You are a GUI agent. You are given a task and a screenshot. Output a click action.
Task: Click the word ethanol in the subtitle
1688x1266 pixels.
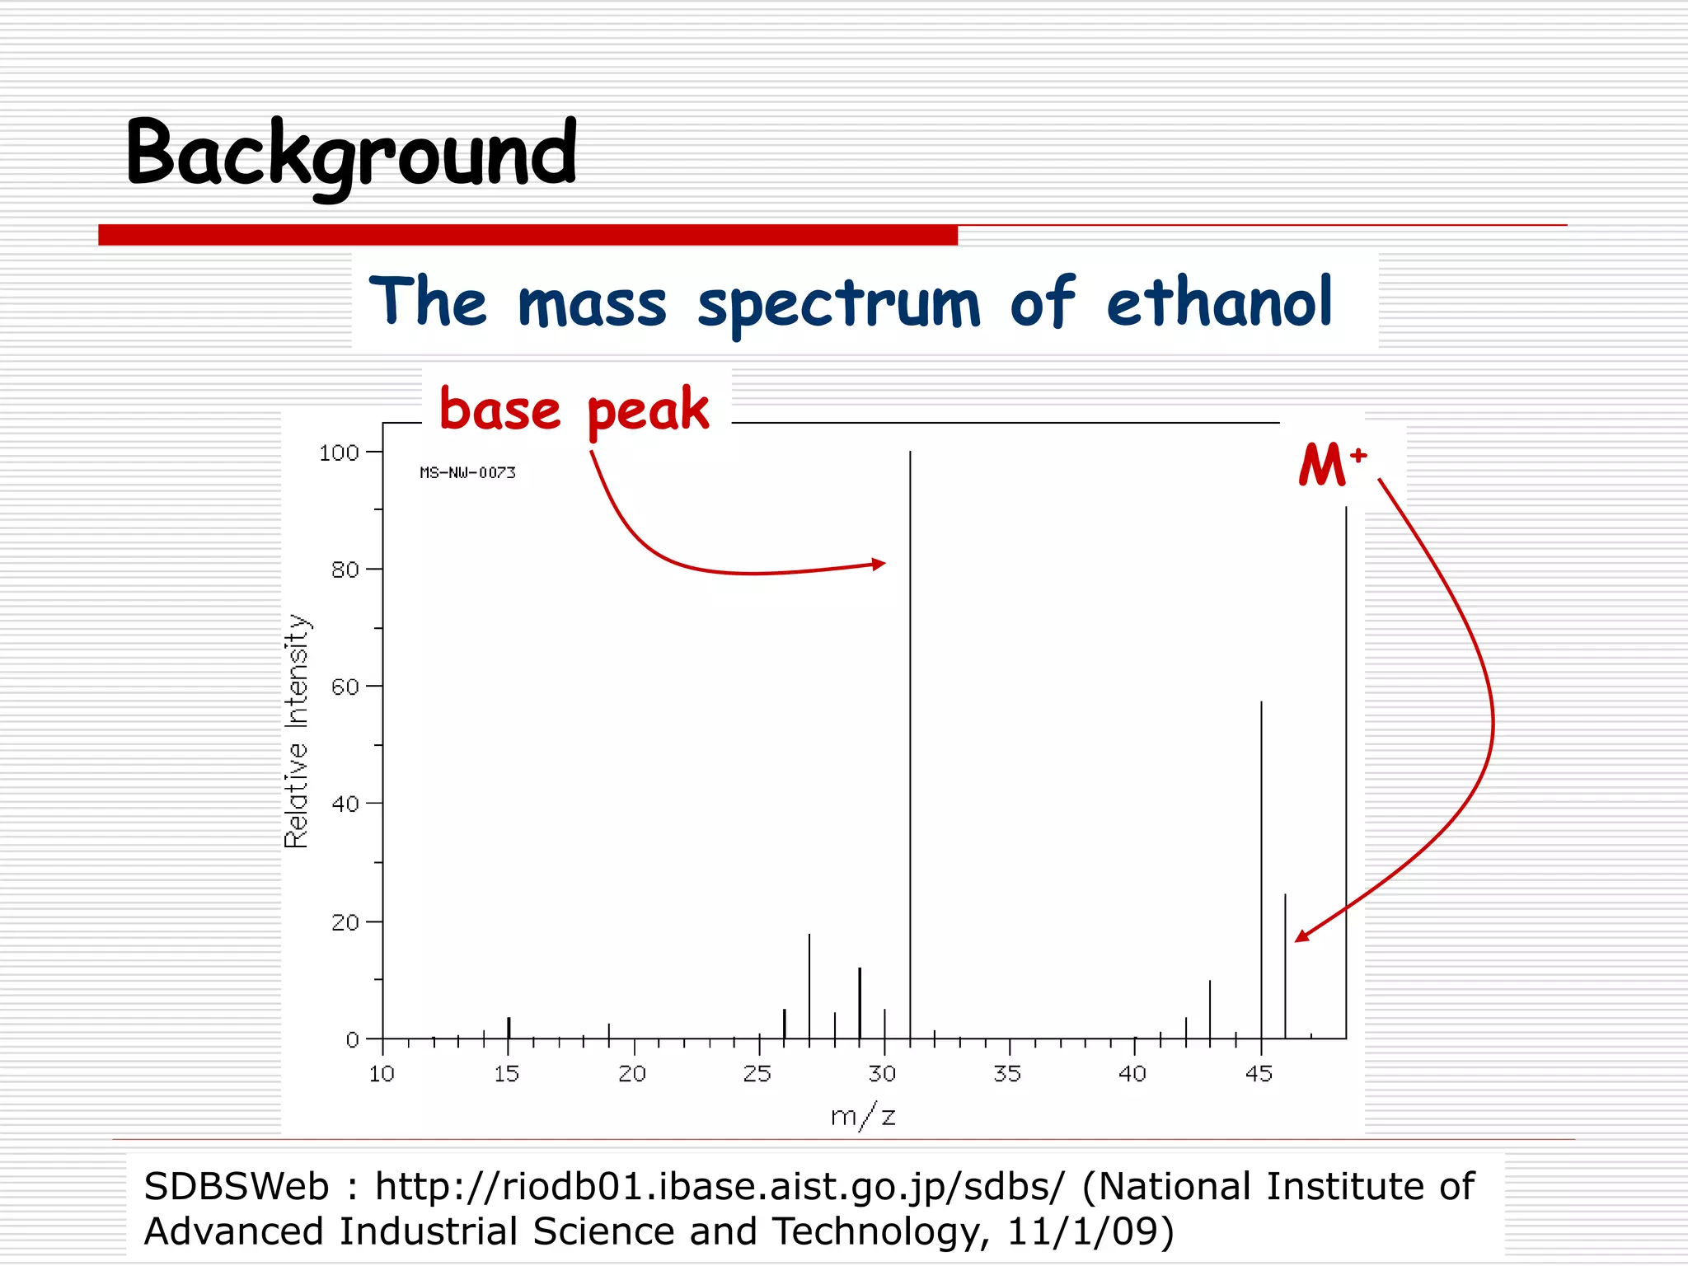click(x=1218, y=303)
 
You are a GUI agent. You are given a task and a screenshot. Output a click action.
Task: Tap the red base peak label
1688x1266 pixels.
click(x=574, y=410)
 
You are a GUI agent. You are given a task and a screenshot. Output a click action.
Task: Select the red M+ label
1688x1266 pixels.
click(x=1330, y=464)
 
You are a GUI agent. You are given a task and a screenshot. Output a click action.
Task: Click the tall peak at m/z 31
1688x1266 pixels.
click(x=910, y=742)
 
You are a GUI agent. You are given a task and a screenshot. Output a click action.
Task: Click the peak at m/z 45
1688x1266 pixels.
click(x=1261, y=865)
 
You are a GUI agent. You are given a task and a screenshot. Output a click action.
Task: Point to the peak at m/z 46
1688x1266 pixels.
click(x=1285, y=964)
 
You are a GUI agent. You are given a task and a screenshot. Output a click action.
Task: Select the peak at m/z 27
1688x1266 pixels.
click(x=809, y=985)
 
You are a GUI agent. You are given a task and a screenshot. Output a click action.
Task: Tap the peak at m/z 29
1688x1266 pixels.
click(x=860, y=1001)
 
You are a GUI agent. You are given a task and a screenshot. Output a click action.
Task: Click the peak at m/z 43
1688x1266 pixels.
click(x=1210, y=1010)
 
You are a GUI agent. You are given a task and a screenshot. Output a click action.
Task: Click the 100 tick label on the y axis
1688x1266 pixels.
click(x=339, y=452)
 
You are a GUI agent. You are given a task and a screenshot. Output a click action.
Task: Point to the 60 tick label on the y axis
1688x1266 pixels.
click(x=345, y=687)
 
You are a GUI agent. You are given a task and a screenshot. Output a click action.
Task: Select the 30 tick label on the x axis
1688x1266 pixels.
click(x=882, y=1073)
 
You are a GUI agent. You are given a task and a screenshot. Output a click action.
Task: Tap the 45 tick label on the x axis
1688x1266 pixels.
click(x=1259, y=1073)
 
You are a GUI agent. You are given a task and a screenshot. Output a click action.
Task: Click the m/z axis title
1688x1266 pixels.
click(x=862, y=1116)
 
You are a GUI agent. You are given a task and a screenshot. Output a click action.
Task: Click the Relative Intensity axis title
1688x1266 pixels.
click(x=297, y=731)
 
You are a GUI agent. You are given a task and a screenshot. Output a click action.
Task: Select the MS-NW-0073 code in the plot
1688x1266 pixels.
click(x=467, y=472)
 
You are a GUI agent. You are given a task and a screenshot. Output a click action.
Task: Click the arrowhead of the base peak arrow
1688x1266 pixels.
click(x=879, y=564)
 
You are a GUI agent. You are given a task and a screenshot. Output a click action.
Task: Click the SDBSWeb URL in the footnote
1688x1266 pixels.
click(x=719, y=1187)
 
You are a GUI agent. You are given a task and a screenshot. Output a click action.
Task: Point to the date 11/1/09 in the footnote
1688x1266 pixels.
click(x=1088, y=1231)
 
